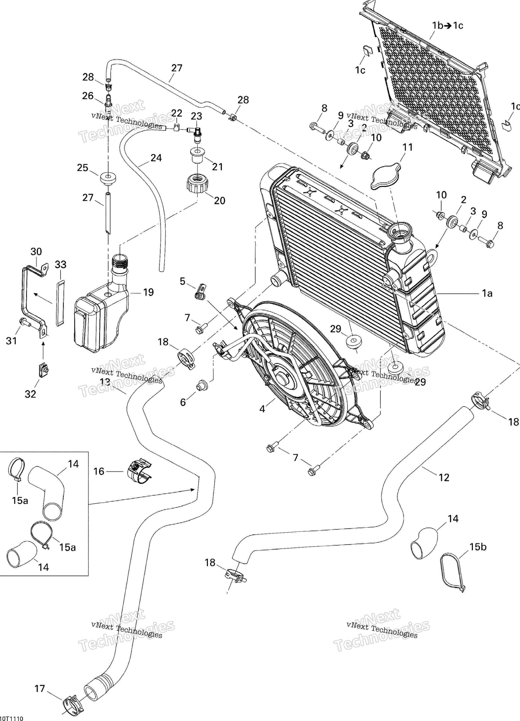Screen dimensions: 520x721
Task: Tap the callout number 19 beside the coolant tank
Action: [x=148, y=292]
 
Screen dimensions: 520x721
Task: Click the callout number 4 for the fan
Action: [x=262, y=409]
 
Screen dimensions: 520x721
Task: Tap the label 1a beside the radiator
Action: [x=487, y=293]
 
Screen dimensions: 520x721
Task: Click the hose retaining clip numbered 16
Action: [x=140, y=471]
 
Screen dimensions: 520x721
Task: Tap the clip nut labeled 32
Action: [x=43, y=370]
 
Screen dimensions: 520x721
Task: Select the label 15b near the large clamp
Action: [x=478, y=547]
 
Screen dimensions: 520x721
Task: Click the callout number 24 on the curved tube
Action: [x=156, y=158]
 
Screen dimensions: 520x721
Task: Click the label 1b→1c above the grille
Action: [x=448, y=25]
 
